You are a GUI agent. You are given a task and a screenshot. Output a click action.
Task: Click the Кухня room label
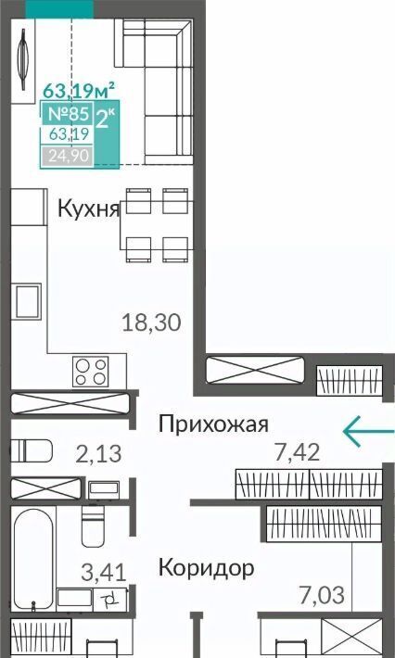click(89, 209)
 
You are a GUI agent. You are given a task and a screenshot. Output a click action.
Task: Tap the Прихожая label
click(213, 424)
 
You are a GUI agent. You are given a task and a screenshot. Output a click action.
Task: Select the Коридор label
click(206, 568)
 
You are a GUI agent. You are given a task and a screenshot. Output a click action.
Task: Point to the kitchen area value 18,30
click(151, 323)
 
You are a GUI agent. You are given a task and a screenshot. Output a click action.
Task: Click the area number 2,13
click(98, 453)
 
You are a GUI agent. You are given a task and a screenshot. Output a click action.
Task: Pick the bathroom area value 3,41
click(104, 573)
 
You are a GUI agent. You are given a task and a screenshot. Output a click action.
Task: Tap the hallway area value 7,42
click(298, 452)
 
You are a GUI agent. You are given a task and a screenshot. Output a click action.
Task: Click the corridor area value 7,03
click(322, 595)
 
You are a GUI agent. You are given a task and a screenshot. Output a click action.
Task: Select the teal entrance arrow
click(368, 431)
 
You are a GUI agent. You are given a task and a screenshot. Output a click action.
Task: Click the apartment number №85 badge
click(68, 113)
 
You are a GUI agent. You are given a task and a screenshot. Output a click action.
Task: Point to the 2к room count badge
click(107, 120)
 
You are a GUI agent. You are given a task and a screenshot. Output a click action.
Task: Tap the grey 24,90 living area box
click(67, 156)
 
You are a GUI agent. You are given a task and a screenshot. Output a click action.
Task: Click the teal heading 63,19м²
click(80, 89)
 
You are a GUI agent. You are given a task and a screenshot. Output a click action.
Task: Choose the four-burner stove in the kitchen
click(90, 372)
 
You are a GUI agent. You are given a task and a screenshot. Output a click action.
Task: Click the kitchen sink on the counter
click(28, 301)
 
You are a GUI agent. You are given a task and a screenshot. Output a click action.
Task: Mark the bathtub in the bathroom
click(32, 557)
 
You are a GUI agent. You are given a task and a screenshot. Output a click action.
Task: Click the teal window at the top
click(59, 9)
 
